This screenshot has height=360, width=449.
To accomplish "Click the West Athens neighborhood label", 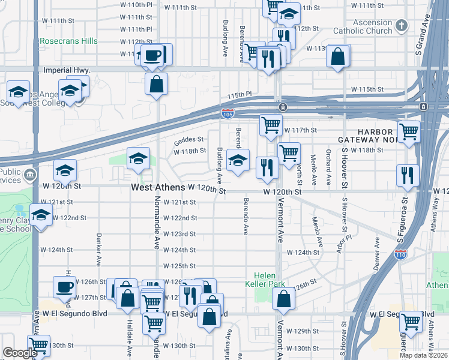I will pyautogui.click(x=154, y=188).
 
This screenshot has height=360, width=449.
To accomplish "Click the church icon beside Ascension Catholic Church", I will pyautogui.click(x=402, y=26).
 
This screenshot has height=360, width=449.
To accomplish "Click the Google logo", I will pyautogui.click(x=19, y=352).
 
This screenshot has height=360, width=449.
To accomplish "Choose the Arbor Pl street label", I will pyautogui.click(x=343, y=244).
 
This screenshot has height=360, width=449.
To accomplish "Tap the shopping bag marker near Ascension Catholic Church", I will pyautogui.click(x=338, y=58).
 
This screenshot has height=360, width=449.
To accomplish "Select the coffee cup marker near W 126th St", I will pyautogui.click(x=64, y=287).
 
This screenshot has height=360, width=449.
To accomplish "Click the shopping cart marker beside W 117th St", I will pyautogui.click(x=271, y=125).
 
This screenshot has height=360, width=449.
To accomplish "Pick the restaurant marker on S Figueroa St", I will pyautogui.click(x=408, y=175).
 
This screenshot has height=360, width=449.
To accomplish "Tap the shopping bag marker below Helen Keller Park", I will pyautogui.click(x=283, y=298).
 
